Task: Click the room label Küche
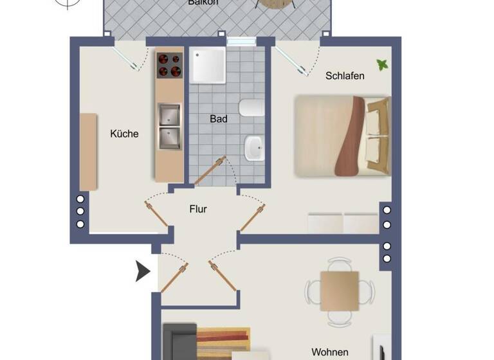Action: point(124,134)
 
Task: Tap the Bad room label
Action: point(219,119)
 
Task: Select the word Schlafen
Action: point(345,76)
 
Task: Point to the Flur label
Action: point(198,209)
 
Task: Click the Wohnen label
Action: point(330,352)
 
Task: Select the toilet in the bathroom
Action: point(250,109)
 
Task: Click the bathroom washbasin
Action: point(254,148)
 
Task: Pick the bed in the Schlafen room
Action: point(342,136)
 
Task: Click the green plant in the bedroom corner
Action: point(382,65)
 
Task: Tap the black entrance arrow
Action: point(142,272)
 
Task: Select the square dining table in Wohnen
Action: point(339,291)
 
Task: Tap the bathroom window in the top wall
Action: point(241,42)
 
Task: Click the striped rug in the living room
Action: point(222,339)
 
